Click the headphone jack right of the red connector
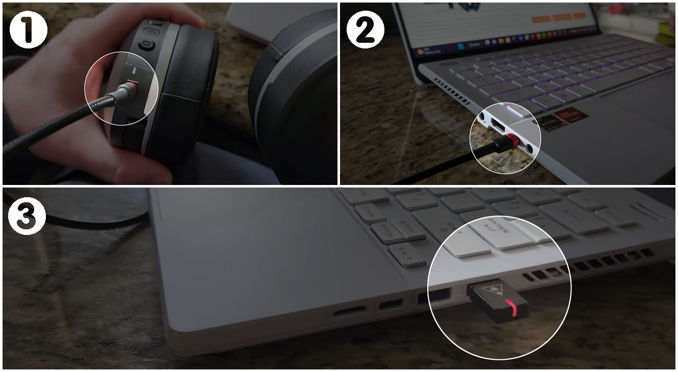point(531,148)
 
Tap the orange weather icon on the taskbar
point(421,51)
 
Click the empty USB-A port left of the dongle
point(434,296)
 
